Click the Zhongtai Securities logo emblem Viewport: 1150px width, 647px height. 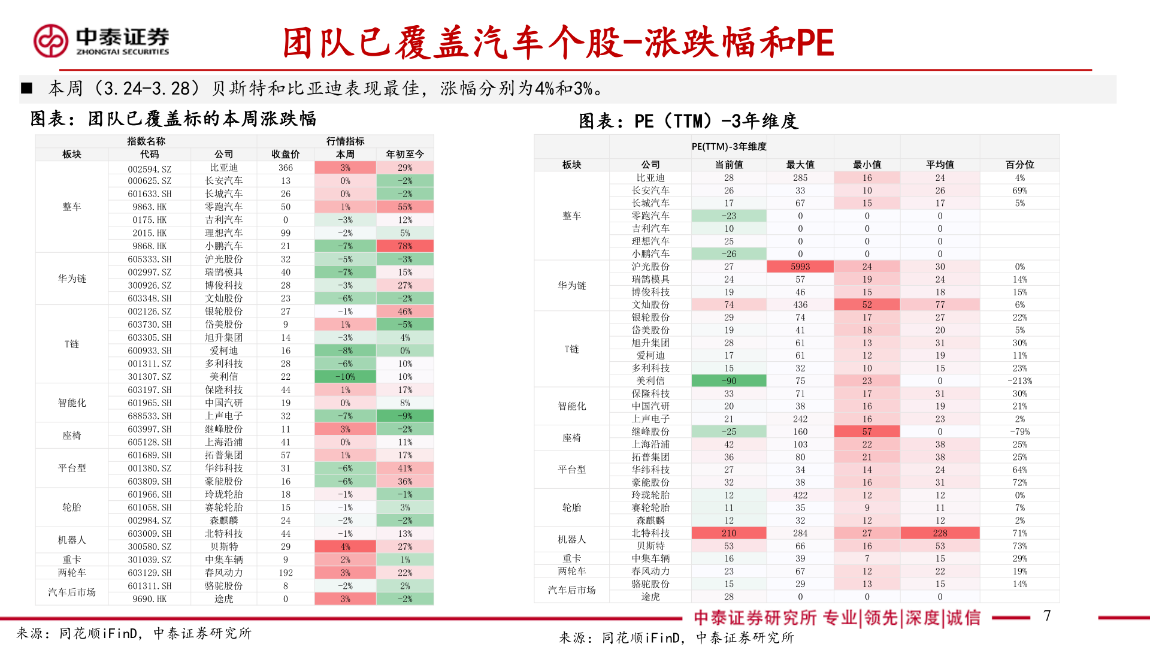[x=51, y=41]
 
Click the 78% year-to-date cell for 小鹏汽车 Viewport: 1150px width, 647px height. [x=405, y=246]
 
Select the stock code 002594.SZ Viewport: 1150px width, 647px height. [x=149, y=168]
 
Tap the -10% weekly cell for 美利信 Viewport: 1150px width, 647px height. [x=345, y=377]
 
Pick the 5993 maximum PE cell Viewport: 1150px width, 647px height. [x=800, y=267]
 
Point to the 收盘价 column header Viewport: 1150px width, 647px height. [x=285, y=154]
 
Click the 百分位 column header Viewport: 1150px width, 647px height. [x=1019, y=164]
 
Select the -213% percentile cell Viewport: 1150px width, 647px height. [x=1019, y=381]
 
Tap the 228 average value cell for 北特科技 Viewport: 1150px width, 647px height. [x=940, y=533]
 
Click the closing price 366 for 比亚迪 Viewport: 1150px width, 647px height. [x=285, y=168]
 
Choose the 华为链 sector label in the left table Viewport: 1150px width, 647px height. [x=72, y=279]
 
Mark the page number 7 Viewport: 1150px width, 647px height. [x=1046, y=615]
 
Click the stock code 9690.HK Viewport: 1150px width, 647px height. [x=149, y=599]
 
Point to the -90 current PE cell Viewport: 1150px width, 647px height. [x=728, y=381]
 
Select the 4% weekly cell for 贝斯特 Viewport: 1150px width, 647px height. [x=345, y=547]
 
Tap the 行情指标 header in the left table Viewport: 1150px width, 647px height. [x=345, y=141]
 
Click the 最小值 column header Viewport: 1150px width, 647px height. [x=867, y=164]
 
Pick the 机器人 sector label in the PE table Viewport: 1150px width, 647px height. [x=571, y=539]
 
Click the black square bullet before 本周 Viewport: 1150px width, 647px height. [x=26, y=89]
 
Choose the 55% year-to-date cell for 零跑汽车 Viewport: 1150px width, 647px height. [x=405, y=207]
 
